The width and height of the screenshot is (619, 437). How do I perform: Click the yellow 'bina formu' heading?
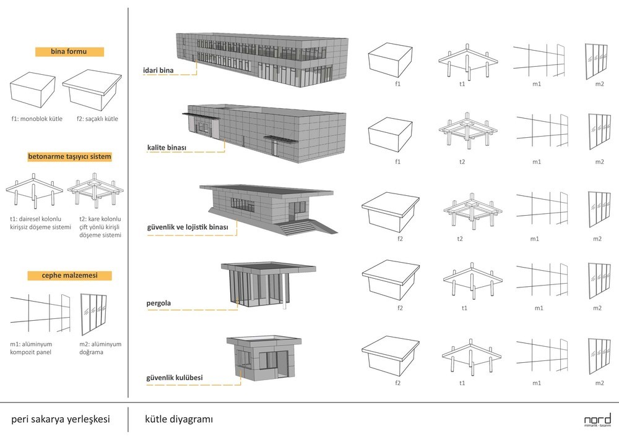[x=69, y=52]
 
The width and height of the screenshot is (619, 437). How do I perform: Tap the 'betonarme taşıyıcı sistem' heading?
[x=69, y=156]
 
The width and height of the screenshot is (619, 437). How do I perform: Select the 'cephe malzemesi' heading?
[x=69, y=276]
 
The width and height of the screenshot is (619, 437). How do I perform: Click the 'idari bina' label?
[x=158, y=70]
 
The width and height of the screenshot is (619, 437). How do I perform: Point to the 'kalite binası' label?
[x=167, y=148]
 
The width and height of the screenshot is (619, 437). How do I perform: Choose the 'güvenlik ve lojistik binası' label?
[x=188, y=227]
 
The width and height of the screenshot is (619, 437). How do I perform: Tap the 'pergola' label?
[x=158, y=303]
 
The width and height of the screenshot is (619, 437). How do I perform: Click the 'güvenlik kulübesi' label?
[x=175, y=378]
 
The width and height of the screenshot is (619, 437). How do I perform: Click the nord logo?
[x=597, y=420]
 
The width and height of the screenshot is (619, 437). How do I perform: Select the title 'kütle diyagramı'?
[x=179, y=419]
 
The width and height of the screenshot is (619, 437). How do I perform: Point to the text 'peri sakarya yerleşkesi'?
[x=61, y=419]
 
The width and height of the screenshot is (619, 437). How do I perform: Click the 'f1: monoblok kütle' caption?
[x=37, y=119]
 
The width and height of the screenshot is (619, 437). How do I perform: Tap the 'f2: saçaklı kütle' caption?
[x=97, y=119]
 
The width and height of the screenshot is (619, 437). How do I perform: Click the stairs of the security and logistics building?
[x=298, y=227]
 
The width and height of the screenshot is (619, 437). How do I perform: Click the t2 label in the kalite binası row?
[x=462, y=161]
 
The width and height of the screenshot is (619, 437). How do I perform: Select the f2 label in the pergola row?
[x=400, y=308]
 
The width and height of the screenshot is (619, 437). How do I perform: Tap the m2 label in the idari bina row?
[x=599, y=83]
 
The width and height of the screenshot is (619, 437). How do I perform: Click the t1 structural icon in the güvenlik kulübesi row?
[x=471, y=357]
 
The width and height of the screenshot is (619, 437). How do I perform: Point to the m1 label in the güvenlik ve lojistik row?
[x=535, y=239]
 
